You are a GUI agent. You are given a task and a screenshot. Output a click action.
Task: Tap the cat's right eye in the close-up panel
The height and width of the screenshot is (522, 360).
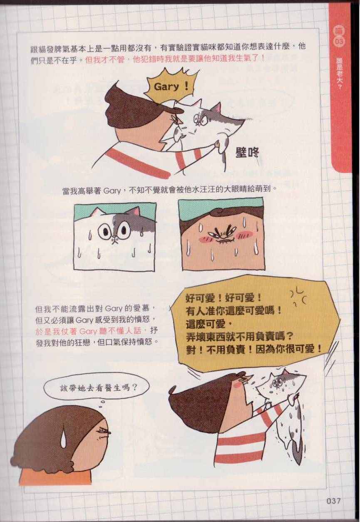124,229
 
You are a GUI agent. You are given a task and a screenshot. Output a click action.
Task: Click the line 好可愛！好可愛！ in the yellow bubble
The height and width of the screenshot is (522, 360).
223,299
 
